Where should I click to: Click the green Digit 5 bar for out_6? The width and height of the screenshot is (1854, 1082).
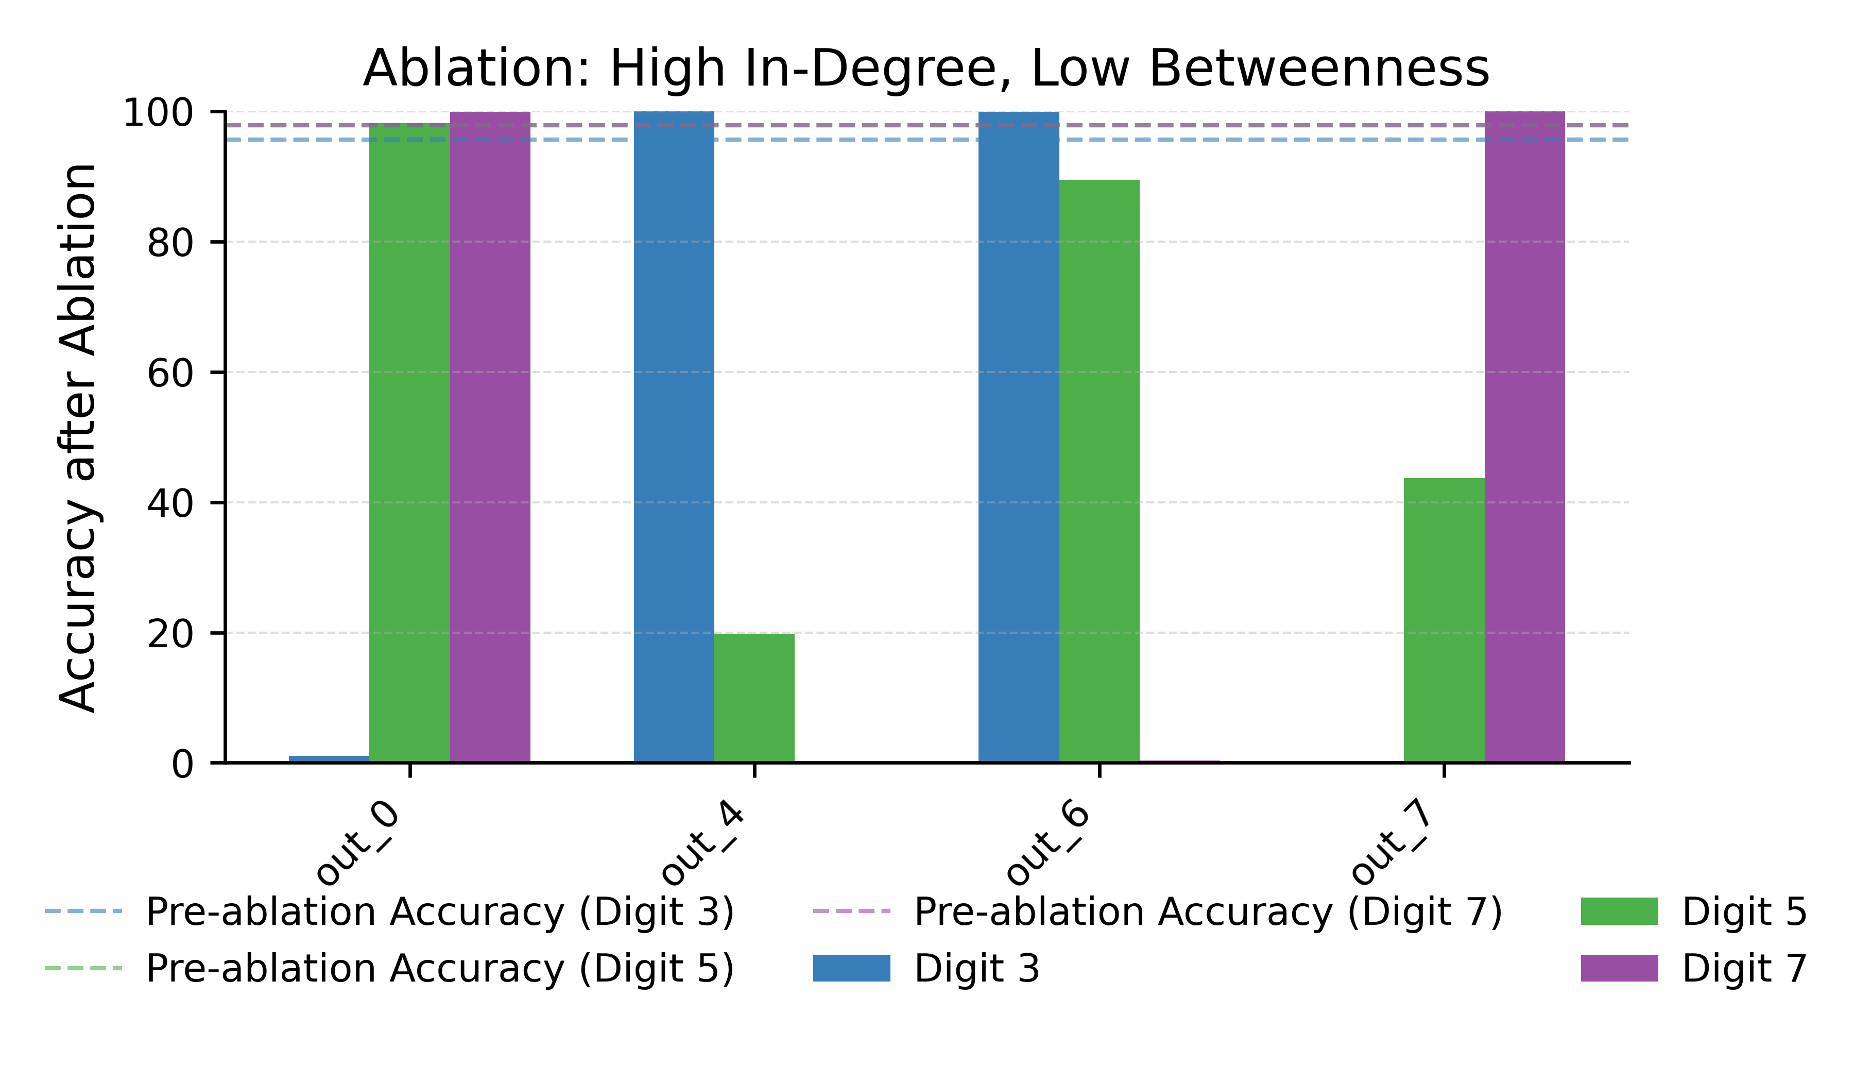point(1099,470)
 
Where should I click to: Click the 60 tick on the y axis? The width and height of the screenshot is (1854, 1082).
point(170,373)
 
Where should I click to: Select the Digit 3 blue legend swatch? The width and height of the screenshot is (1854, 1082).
point(851,968)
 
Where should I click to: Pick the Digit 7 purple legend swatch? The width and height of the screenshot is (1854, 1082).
point(1619,968)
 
